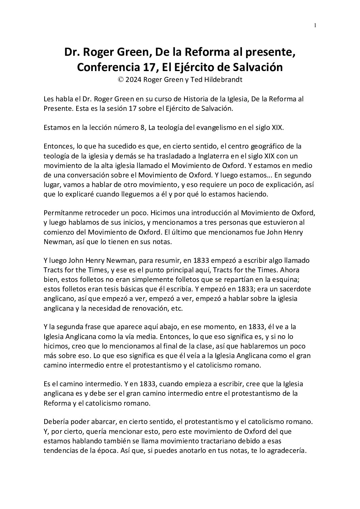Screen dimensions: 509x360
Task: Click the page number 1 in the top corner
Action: click(x=315, y=25)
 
